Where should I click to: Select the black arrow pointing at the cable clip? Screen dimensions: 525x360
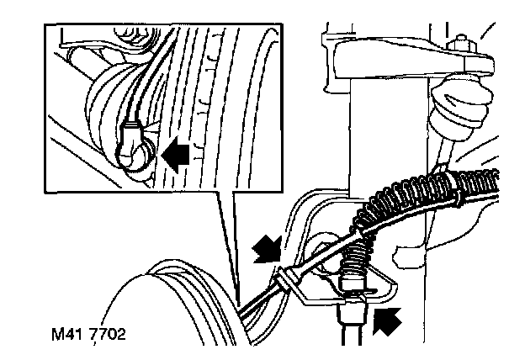[x=268, y=248]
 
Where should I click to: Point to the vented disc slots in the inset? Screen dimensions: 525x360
[x=201, y=101]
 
